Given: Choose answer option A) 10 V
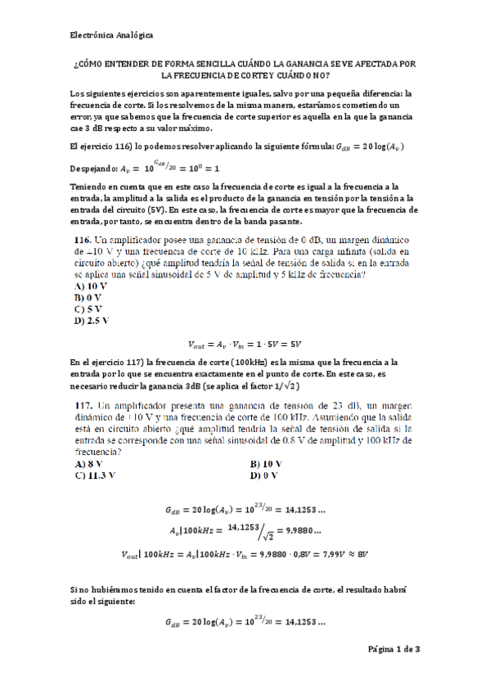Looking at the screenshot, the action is click(90, 286).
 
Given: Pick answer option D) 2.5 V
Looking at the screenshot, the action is click(92, 321).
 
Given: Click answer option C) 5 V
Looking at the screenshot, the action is click(88, 309).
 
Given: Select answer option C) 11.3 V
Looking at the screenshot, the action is click(94, 474).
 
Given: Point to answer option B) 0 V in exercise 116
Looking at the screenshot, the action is click(88, 298).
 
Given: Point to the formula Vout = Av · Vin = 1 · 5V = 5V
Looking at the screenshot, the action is click(245, 345).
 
